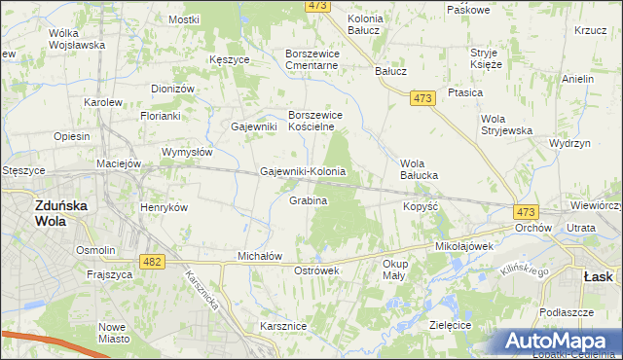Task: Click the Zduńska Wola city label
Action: pos(48,213)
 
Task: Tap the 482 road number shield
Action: pos(151,262)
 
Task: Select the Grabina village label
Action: pos(308,200)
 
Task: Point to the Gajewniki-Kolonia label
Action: pos(303,172)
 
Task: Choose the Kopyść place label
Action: pos(421,207)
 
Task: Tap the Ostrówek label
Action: pos(315,270)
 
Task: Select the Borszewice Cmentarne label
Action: pos(311,59)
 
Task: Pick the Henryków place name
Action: pos(164,207)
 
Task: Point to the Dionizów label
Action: pos(173,89)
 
